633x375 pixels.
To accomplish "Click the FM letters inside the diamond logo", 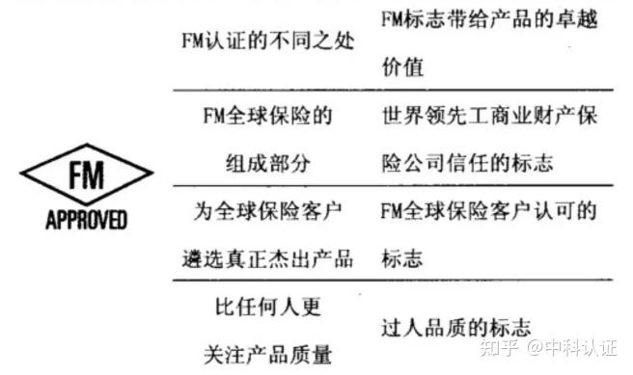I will click(87, 176).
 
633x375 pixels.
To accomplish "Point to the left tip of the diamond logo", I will click(21, 175).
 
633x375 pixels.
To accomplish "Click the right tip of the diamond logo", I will click(152, 175).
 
